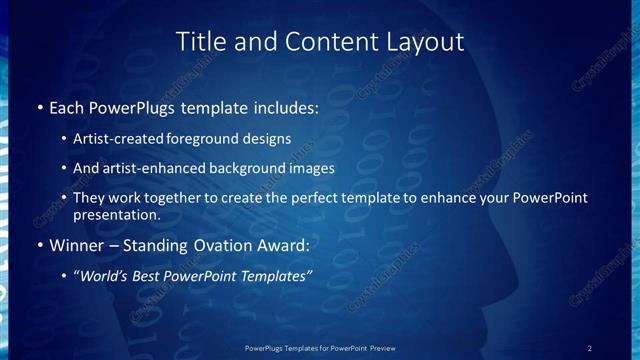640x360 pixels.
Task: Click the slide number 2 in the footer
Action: [x=590, y=347]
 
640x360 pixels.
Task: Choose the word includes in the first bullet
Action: [x=286, y=105]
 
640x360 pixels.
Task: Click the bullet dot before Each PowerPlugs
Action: [x=39, y=105]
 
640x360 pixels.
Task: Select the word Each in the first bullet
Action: [x=67, y=105]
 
